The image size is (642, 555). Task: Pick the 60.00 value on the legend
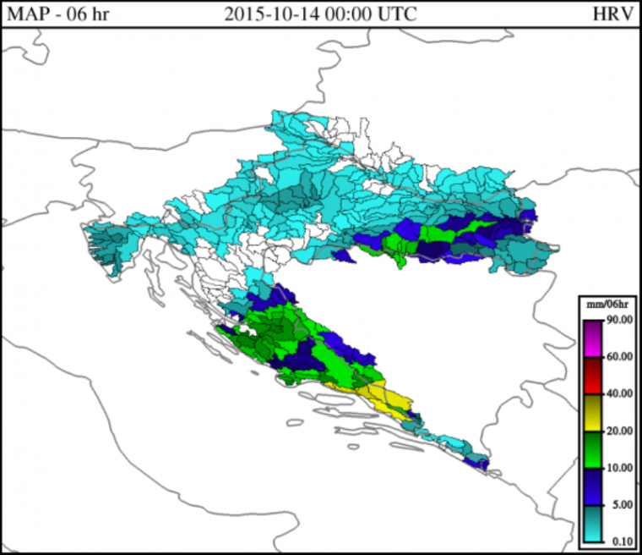point(619,356)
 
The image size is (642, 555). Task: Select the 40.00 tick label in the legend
point(619,393)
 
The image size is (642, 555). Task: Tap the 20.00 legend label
point(619,431)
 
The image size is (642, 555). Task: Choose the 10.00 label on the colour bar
point(619,468)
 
